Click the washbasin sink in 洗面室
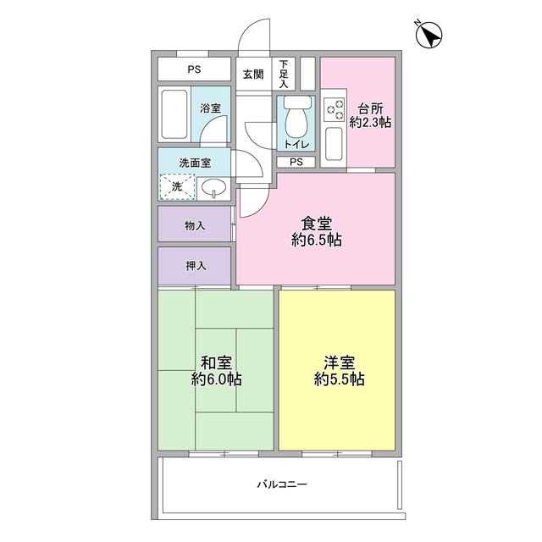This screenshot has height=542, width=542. [x=213, y=186]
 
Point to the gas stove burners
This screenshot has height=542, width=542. [x=335, y=109]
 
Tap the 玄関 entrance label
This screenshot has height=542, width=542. [x=252, y=74]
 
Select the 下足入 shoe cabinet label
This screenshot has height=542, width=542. [x=284, y=74]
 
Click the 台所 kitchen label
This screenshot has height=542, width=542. [x=369, y=108]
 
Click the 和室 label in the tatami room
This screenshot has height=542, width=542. [x=216, y=362]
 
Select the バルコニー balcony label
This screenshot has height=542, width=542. [x=282, y=484]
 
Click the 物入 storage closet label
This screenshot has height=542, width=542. [x=196, y=226]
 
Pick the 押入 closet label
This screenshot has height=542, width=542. [x=196, y=265]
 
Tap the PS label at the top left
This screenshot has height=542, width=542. [x=195, y=69]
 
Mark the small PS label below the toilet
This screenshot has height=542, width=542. [x=296, y=162]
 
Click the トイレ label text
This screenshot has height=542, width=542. [x=296, y=145]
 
